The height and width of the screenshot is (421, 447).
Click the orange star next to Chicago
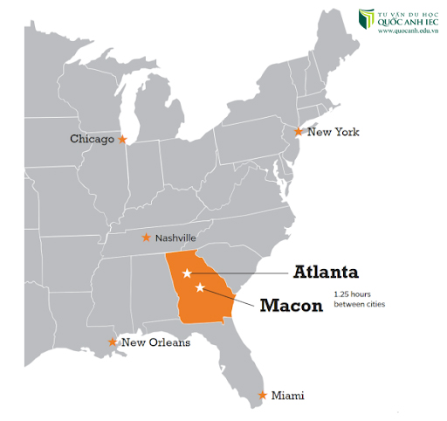(x=123, y=139)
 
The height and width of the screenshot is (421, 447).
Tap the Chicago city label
(x=93, y=139)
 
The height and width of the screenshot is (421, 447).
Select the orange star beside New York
(x=299, y=132)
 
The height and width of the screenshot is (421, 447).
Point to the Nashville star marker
(x=147, y=238)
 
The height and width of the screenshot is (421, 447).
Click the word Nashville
(x=176, y=238)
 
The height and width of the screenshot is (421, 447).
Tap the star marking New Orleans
(x=112, y=342)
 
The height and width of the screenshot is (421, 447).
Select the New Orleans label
(x=155, y=342)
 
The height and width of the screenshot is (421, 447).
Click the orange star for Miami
(x=263, y=396)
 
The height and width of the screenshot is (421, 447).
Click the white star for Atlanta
(x=187, y=274)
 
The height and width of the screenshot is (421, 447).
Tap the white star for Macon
(x=200, y=287)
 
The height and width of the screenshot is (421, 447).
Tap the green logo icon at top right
(x=367, y=20)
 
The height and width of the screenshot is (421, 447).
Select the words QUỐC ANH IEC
(x=410, y=23)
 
